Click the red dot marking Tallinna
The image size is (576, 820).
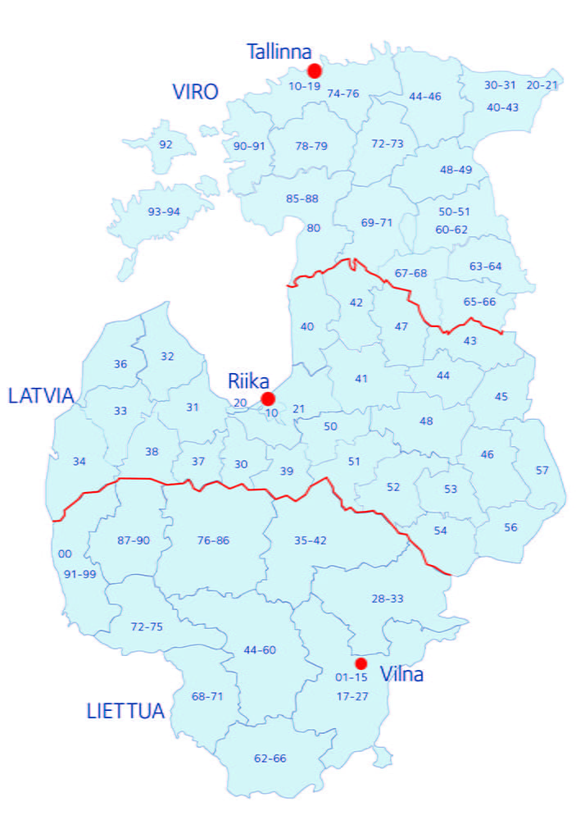(315, 71)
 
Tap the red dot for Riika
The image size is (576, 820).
(267, 399)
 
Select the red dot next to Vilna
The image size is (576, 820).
(361, 663)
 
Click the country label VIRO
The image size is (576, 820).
(195, 92)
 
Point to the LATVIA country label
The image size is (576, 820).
(41, 396)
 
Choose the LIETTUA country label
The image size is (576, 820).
(125, 711)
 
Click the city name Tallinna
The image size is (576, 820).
(279, 52)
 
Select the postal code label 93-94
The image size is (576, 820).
(164, 212)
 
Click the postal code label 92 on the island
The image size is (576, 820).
(166, 144)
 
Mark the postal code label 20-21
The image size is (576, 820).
(542, 84)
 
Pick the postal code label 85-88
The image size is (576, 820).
(302, 198)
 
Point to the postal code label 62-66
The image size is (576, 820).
(270, 758)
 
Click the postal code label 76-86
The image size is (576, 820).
(214, 540)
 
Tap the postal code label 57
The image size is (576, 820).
(542, 470)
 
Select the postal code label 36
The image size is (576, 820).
(120, 363)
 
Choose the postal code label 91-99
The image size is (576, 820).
(80, 573)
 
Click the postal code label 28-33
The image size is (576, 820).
(388, 599)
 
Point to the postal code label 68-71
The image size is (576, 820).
(207, 696)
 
